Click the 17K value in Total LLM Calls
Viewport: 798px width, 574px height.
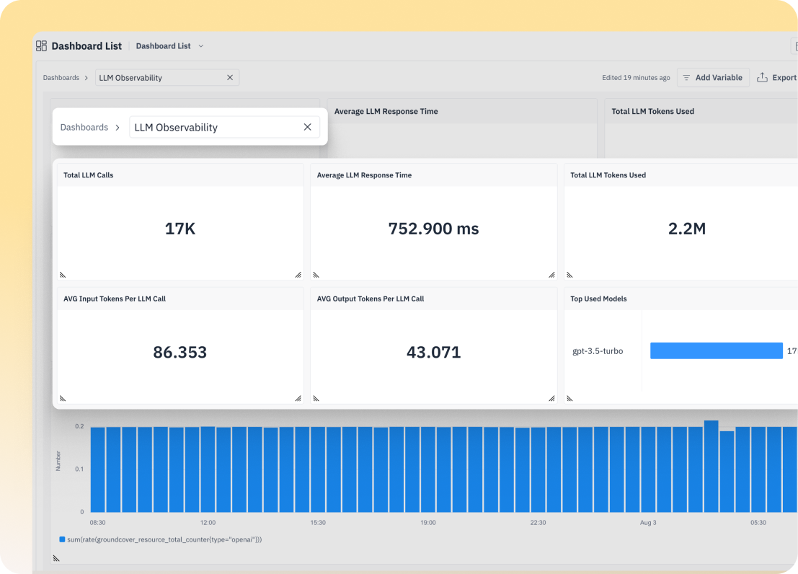[x=179, y=229]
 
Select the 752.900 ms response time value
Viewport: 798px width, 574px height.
[x=433, y=229]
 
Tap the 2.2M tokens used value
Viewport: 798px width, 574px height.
[x=686, y=229]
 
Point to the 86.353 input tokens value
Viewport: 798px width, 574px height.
[x=179, y=353]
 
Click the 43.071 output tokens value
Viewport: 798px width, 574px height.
[x=433, y=353]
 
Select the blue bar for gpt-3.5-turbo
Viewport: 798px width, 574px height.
[x=716, y=351]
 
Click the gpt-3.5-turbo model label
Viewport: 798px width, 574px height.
[x=597, y=351]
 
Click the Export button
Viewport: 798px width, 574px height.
[x=777, y=78]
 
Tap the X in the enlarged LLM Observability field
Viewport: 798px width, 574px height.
[x=307, y=127]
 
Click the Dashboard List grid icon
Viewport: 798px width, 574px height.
[x=41, y=46]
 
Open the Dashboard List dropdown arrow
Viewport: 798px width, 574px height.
[x=201, y=46]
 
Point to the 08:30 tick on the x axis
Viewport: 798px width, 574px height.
[x=97, y=522]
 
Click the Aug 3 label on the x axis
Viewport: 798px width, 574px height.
[x=647, y=522]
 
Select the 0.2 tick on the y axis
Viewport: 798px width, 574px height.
[x=79, y=427]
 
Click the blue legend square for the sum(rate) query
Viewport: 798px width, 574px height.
[x=62, y=539]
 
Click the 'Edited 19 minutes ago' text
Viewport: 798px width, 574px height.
[x=636, y=78]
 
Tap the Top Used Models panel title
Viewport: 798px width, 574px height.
[x=598, y=299]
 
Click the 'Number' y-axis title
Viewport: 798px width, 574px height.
[x=58, y=461]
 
